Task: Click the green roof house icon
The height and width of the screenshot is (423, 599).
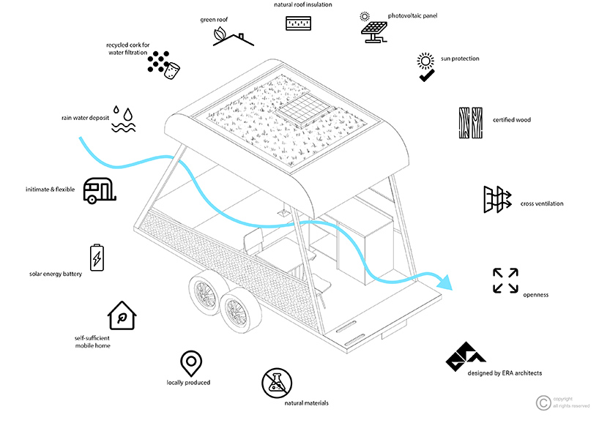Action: (234, 37)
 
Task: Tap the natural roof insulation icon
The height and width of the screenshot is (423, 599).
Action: (298, 22)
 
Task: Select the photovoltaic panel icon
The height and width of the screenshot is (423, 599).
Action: (373, 29)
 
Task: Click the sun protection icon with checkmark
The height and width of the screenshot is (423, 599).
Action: (425, 67)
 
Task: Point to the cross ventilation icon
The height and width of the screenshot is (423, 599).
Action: (496, 200)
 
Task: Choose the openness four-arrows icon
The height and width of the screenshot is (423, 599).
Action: (505, 281)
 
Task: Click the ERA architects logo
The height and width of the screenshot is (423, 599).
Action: (466, 356)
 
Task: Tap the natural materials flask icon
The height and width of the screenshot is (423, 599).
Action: (278, 383)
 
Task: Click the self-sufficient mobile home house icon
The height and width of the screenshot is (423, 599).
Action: (122, 316)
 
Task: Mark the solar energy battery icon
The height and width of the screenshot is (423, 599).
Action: (96, 258)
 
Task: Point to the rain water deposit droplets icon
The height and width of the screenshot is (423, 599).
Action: (124, 121)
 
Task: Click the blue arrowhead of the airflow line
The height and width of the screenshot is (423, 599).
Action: (445, 281)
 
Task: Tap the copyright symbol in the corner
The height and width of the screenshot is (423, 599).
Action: (543, 401)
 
